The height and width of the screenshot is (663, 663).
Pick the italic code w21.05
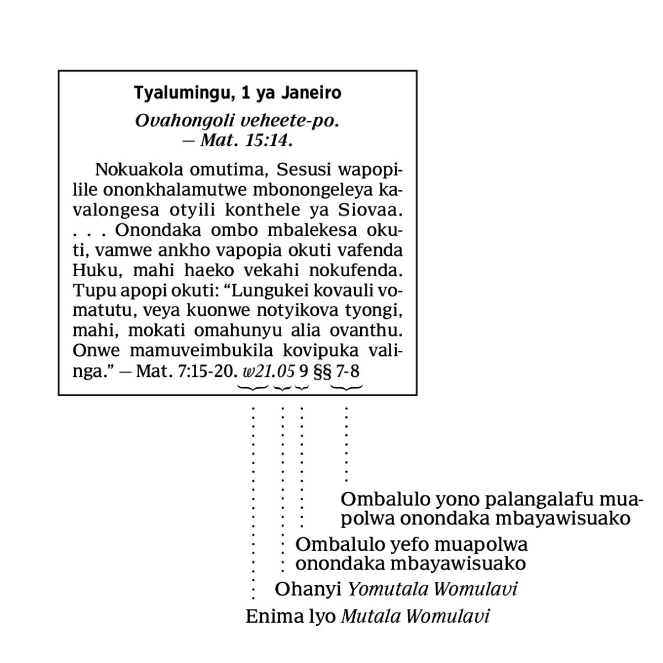click(x=269, y=371)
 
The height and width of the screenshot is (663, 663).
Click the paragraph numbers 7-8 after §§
click(x=348, y=371)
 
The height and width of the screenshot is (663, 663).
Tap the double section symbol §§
click(x=322, y=371)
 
